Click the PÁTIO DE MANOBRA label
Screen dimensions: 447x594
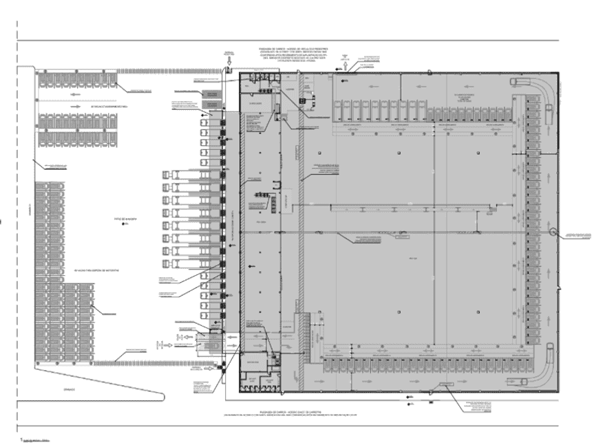click(x=125, y=219)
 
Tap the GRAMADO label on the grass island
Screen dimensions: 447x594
click(x=69, y=389)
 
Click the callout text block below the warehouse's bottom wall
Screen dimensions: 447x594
click(x=480, y=405)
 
